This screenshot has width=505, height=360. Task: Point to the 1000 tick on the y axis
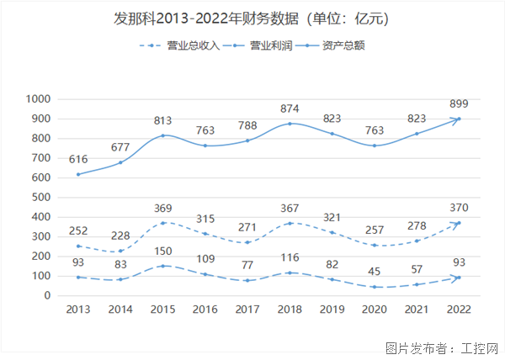40,99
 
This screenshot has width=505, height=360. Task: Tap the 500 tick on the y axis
43,197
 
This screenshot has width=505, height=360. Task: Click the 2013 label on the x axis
79,310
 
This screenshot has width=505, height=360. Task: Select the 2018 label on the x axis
289,310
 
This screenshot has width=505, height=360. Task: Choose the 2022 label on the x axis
459,310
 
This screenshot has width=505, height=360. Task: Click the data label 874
289,109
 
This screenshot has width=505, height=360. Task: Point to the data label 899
459,103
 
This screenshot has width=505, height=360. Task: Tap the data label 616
79,160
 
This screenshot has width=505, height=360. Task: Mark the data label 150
162,251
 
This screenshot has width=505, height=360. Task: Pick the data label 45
375,272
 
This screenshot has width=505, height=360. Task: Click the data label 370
459,208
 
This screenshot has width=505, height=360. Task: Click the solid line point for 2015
162,135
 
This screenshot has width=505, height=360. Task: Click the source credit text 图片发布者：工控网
442,347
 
